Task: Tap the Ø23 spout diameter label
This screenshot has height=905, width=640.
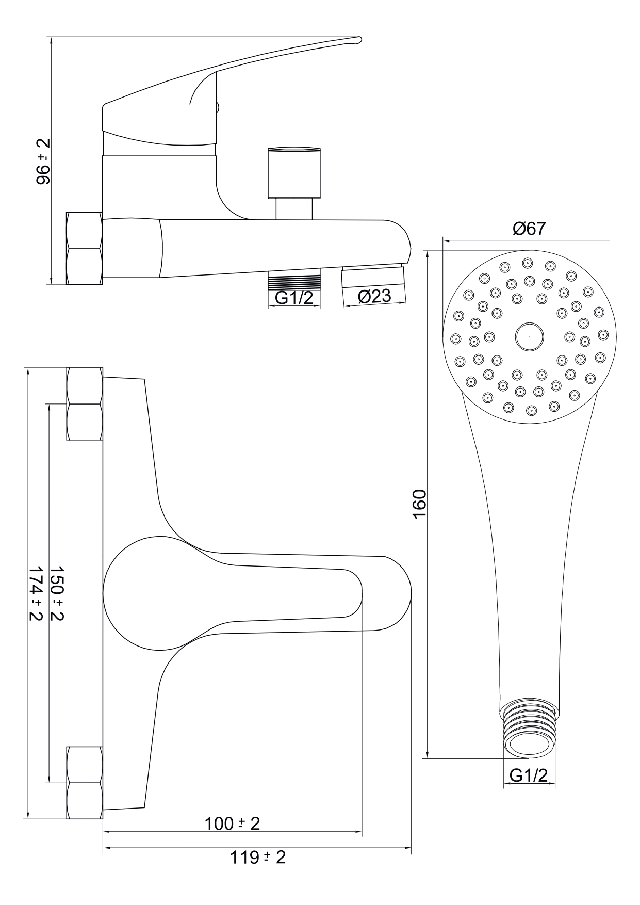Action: tap(374, 296)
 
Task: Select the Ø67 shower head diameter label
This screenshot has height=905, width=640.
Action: tap(529, 229)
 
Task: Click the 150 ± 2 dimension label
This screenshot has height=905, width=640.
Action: tap(57, 593)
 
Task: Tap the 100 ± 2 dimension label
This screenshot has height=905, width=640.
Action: tap(233, 823)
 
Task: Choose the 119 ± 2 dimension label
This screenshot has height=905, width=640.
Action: tap(257, 858)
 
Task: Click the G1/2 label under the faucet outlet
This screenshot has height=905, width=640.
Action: tap(294, 298)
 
